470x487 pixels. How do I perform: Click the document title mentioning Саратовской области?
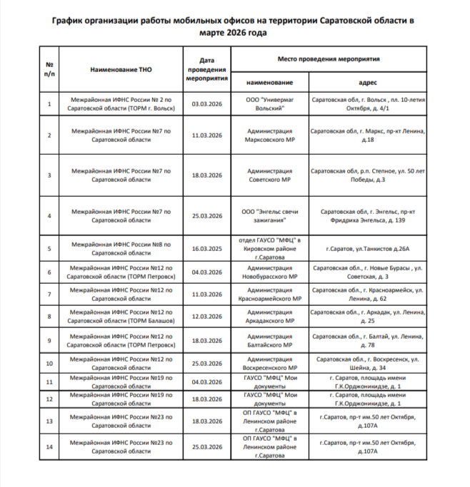(x=234, y=26)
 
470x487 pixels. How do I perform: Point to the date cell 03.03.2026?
(x=207, y=105)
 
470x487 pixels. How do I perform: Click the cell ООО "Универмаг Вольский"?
(x=269, y=105)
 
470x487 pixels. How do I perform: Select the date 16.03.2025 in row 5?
(x=207, y=248)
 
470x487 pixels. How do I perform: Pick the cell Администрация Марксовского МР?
(x=269, y=135)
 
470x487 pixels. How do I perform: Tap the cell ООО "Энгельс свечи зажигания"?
(x=269, y=215)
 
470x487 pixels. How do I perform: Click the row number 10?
(x=49, y=363)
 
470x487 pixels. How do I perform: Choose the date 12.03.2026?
(x=207, y=317)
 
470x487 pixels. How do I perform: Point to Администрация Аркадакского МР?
(x=269, y=317)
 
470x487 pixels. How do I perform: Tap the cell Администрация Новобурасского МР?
(x=269, y=272)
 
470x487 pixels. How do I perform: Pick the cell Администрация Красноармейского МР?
(x=269, y=294)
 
